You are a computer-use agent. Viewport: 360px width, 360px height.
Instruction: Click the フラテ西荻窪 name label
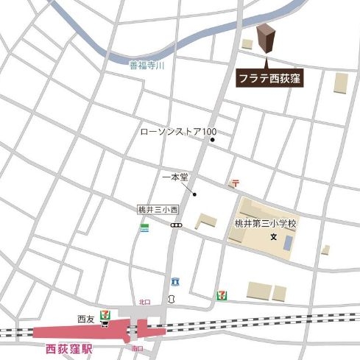(x=269, y=77)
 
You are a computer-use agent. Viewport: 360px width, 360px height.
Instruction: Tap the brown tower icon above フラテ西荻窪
(x=264, y=39)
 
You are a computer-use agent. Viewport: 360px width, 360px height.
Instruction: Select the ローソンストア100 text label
(x=177, y=133)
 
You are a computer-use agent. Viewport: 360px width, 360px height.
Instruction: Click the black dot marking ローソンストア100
(x=211, y=138)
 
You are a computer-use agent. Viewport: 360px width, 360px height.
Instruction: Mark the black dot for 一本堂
(x=194, y=194)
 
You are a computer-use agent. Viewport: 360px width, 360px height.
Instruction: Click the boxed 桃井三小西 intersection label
(x=154, y=210)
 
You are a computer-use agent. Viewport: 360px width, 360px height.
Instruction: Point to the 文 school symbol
(x=272, y=237)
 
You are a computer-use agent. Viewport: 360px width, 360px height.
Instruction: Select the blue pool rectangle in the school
(x=289, y=241)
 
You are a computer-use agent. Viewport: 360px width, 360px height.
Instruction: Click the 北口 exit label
(x=144, y=302)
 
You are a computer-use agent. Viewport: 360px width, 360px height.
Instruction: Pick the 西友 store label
(x=86, y=318)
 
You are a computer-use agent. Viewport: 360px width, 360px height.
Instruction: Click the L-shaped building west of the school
(x=205, y=222)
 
